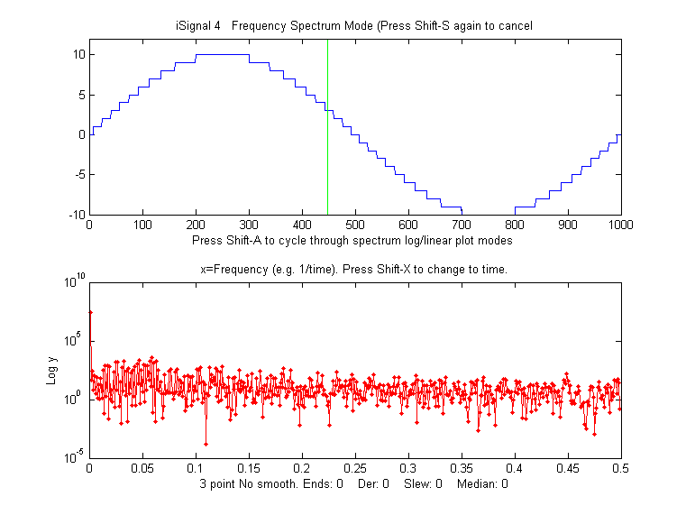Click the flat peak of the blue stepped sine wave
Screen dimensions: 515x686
coord(222,55)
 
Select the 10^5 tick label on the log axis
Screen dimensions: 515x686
coord(72,341)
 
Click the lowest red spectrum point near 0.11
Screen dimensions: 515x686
coord(206,444)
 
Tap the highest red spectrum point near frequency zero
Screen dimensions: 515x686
coord(90,312)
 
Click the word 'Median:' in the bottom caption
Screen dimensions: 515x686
coord(477,484)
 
